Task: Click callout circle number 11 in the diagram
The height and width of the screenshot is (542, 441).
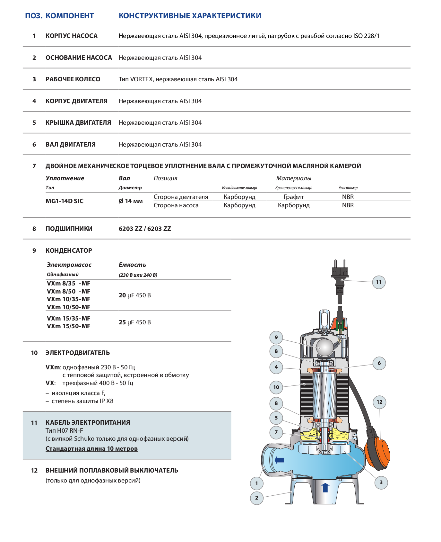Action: [x=379, y=282]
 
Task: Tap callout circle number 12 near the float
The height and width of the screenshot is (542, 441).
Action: [x=379, y=402]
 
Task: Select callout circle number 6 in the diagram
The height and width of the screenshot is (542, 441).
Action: [x=379, y=363]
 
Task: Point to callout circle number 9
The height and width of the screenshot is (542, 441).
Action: [x=276, y=338]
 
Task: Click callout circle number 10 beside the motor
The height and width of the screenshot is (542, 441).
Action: [x=276, y=387]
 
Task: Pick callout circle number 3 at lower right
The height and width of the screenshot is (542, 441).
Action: [x=381, y=482]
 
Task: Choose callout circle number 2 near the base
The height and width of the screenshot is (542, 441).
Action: [x=256, y=498]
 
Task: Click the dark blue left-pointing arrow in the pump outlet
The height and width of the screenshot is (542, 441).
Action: [x=279, y=460]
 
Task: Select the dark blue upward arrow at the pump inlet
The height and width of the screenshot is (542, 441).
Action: [x=325, y=487]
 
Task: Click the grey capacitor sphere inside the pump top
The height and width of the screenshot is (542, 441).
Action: [x=325, y=348]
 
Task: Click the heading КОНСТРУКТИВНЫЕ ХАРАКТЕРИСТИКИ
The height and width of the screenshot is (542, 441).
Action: [x=190, y=16]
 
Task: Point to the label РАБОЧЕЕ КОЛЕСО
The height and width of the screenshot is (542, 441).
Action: [x=73, y=79]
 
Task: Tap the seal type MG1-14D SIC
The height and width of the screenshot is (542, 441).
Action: [x=65, y=201]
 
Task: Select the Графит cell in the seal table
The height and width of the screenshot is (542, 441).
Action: [x=293, y=197]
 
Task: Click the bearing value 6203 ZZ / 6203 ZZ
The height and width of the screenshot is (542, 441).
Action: [x=145, y=229]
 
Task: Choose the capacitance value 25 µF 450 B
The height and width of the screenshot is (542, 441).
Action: [x=134, y=322]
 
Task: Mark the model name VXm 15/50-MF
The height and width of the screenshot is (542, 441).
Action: [x=69, y=326]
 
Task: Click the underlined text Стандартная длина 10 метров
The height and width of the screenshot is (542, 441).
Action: [x=91, y=448]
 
